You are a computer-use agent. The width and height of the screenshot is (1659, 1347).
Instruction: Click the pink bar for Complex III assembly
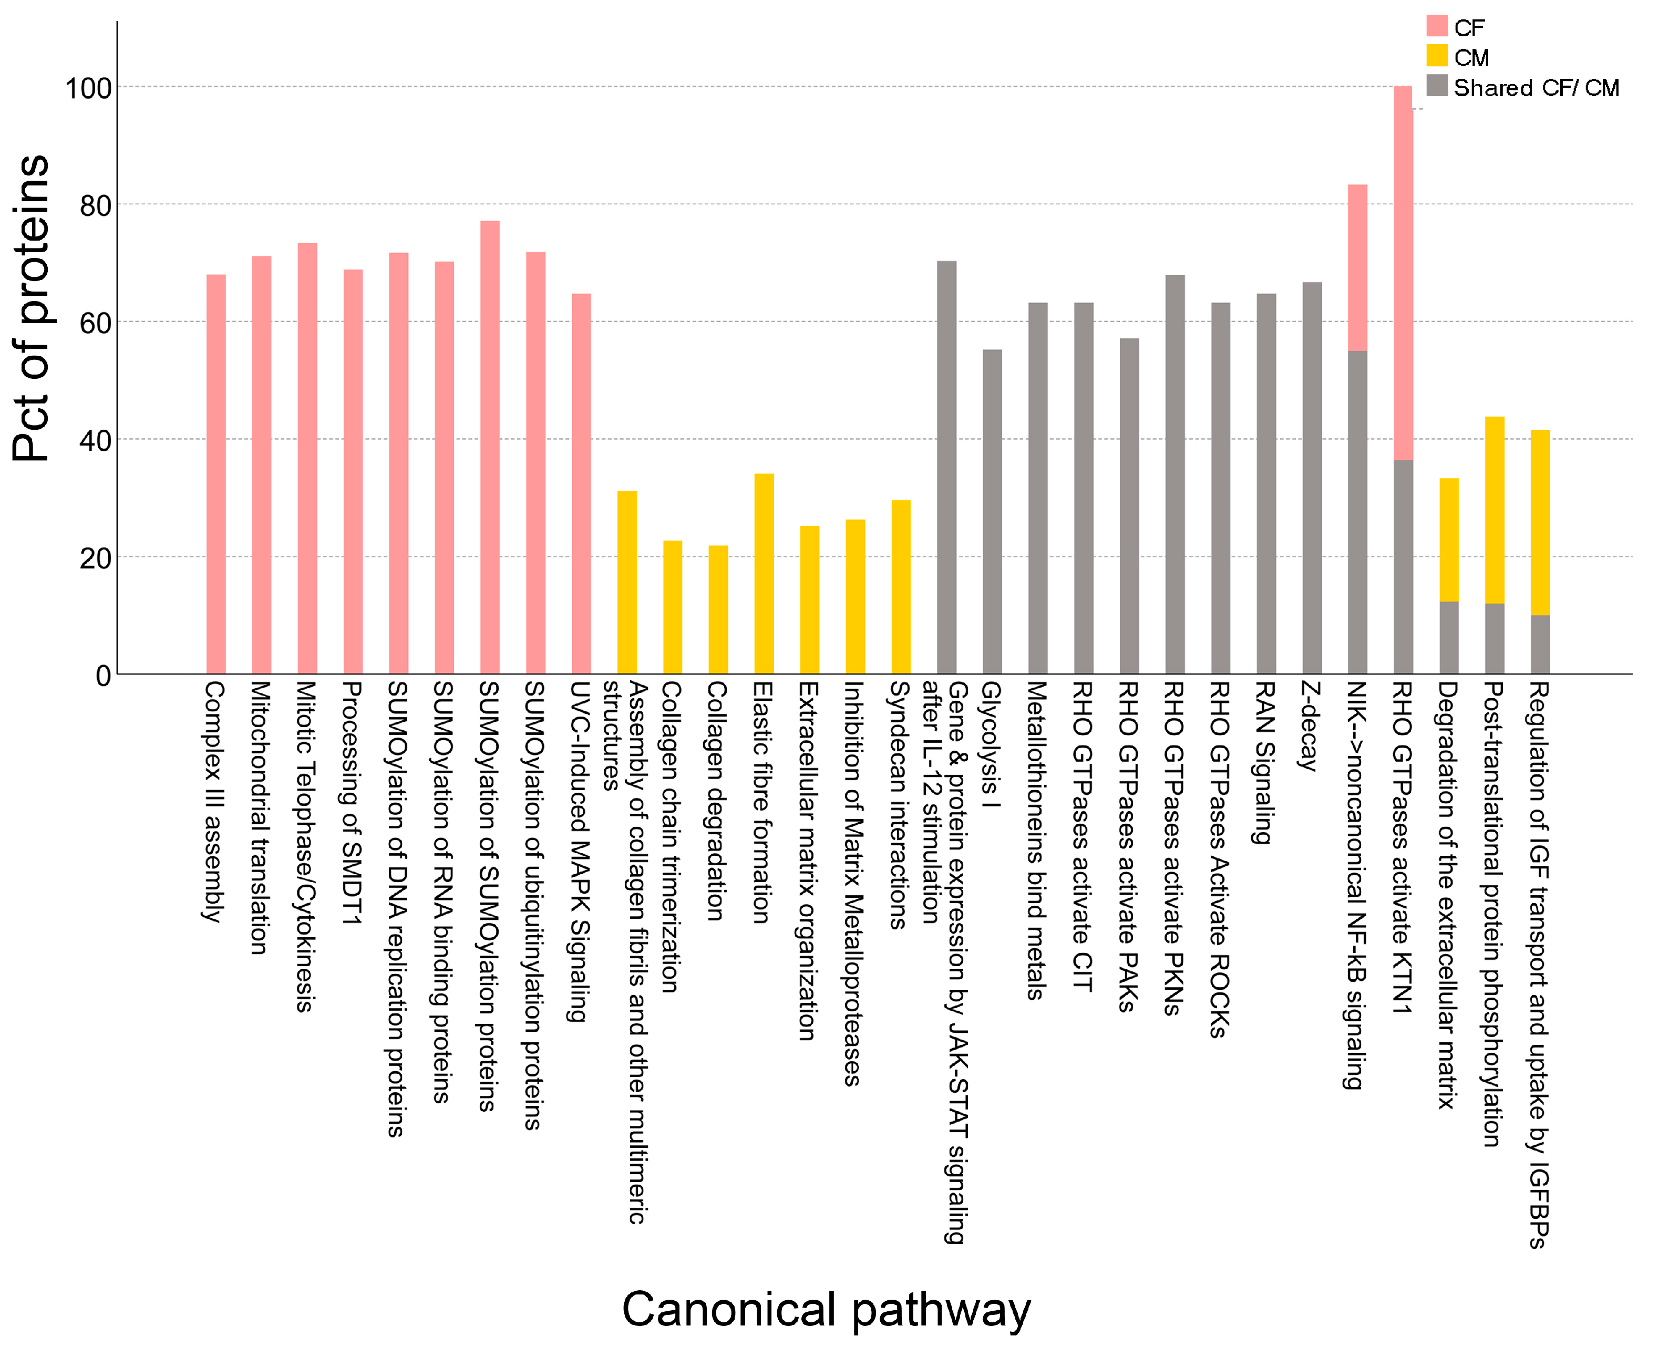[215, 474]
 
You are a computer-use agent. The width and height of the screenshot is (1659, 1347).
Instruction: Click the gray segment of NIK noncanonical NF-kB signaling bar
[1357, 512]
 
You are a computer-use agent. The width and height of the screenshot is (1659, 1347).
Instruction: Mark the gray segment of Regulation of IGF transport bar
[1540, 644]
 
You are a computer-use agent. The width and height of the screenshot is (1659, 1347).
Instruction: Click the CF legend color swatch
[1437, 26]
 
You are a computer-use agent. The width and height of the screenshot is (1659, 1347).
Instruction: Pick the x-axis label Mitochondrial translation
[261, 818]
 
